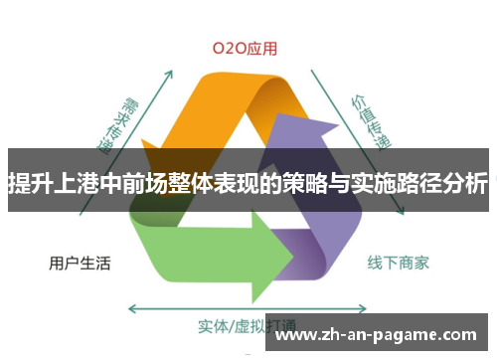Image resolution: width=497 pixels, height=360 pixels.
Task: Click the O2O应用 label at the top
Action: pos(245,47)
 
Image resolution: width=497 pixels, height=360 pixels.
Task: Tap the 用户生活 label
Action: pos(80,264)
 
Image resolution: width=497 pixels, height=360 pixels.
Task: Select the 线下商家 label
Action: pos(399,264)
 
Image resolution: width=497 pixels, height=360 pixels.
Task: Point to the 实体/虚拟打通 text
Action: pos(238,325)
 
